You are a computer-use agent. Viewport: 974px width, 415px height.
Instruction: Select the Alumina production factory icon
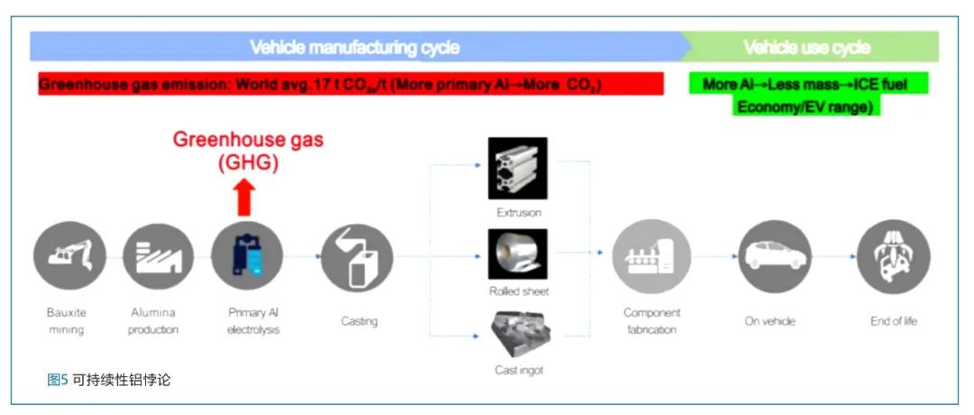coord(158,257)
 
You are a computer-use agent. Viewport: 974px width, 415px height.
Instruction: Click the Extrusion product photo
coord(518,168)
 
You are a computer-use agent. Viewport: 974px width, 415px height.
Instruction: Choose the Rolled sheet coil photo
coord(518,254)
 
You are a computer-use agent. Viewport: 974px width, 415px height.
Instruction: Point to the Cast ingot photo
coord(518,333)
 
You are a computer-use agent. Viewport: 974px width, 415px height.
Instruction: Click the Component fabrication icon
coord(651,256)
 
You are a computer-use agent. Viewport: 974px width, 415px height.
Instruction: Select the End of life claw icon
coord(893,257)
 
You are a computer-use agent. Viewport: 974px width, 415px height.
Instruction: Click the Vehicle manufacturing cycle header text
coord(354,47)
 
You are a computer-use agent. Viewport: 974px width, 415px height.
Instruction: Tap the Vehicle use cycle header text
coord(807,47)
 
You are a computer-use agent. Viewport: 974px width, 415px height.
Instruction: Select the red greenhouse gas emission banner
coord(351,85)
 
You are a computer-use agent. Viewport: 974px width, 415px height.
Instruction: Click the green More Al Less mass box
coord(808,95)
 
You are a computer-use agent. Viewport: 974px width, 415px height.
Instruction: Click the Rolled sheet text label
coord(518,291)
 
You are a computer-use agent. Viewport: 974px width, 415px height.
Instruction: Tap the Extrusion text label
coord(518,213)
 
